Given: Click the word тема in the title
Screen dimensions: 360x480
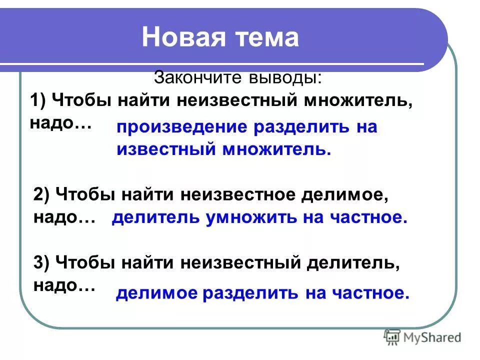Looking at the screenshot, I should click(x=266, y=37).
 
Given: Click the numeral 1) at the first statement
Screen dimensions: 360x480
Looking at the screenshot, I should click(x=38, y=100).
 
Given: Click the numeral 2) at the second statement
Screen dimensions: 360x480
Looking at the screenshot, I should click(x=42, y=194).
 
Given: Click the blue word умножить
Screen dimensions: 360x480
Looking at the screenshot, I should click(x=247, y=217).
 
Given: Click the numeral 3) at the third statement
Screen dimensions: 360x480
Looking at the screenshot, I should click(x=42, y=262).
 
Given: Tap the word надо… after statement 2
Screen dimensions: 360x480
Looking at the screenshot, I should click(x=64, y=218).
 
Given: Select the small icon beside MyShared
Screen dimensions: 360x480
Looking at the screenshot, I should click(x=392, y=337).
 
